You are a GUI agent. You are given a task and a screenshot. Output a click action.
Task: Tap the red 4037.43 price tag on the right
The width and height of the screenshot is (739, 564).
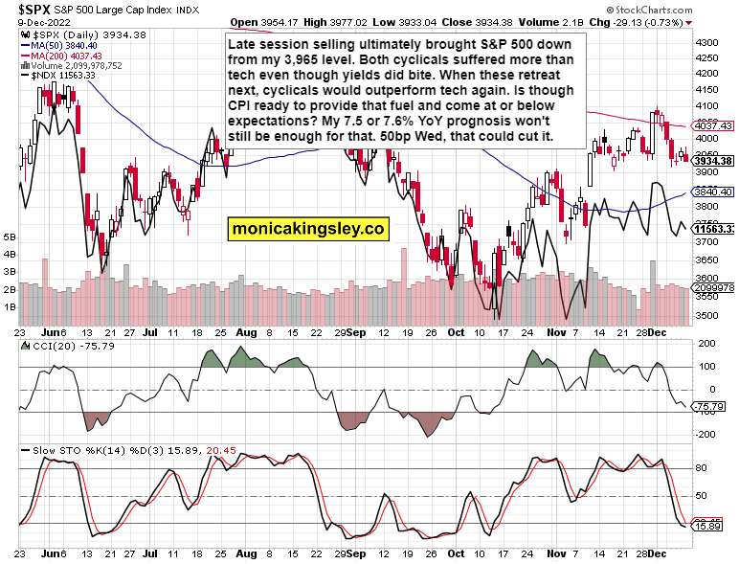(712, 125)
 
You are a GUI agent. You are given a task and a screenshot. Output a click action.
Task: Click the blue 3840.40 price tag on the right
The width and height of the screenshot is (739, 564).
(712, 192)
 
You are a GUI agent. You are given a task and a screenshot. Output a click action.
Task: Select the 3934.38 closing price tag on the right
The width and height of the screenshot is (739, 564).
(712, 160)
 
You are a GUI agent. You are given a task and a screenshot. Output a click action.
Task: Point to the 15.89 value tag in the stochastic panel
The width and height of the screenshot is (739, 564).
(709, 527)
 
